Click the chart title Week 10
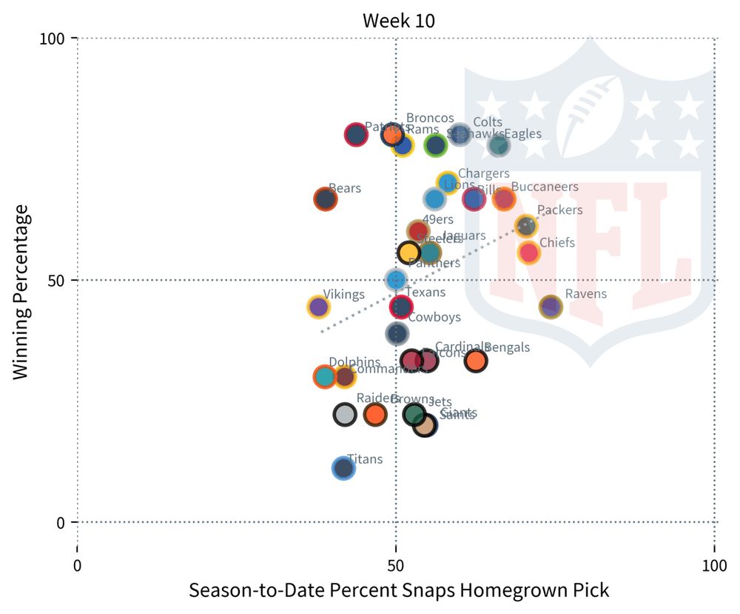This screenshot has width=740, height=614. [x=398, y=20]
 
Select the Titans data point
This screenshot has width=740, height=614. [x=343, y=467]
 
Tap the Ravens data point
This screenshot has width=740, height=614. [x=551, y=307]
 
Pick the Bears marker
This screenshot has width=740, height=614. [x=325, y=199]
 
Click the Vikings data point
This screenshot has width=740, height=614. [x=318, y=307]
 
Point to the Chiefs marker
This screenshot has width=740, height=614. [x=528, y=253]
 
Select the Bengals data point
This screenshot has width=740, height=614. [x=476, y=361]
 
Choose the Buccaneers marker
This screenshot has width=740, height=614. [x=503, y=198]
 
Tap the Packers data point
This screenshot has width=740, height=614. [x=525, y=226]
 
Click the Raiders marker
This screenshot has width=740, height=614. [x=344, y=414]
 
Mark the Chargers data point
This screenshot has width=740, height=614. [x=448, y=182]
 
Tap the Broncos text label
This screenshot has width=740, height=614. [x=430, y=119]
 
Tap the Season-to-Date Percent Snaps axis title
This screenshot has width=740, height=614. [x=399, y=591]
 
